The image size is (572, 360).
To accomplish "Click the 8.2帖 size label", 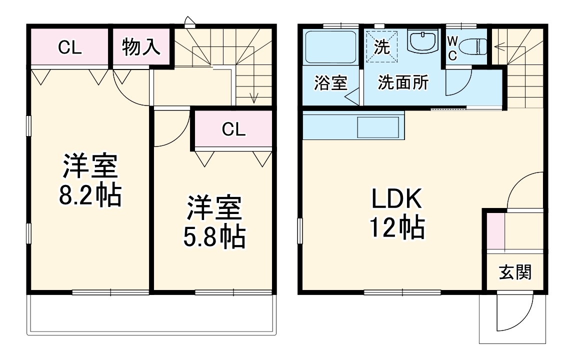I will click(90, 196).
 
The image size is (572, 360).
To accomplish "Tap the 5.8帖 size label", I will click(213, 237).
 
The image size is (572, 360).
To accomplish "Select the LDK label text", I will click(397, 200).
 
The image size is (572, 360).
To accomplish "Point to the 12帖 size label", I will click(397, 228).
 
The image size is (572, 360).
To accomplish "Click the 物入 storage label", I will click(141, 47).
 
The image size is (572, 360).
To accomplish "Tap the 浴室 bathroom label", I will click(330, 82).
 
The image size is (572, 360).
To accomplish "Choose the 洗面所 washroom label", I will click(403, 82).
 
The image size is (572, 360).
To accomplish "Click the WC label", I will click(452, 47).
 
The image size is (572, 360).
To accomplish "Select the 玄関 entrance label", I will click(515, 273).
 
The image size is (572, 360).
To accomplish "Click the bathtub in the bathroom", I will click(330, 47).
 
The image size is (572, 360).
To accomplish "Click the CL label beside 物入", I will click(69, 47).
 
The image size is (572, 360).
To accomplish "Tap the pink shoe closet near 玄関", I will click(495, 230).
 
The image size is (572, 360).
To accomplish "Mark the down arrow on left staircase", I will click(254, 95).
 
